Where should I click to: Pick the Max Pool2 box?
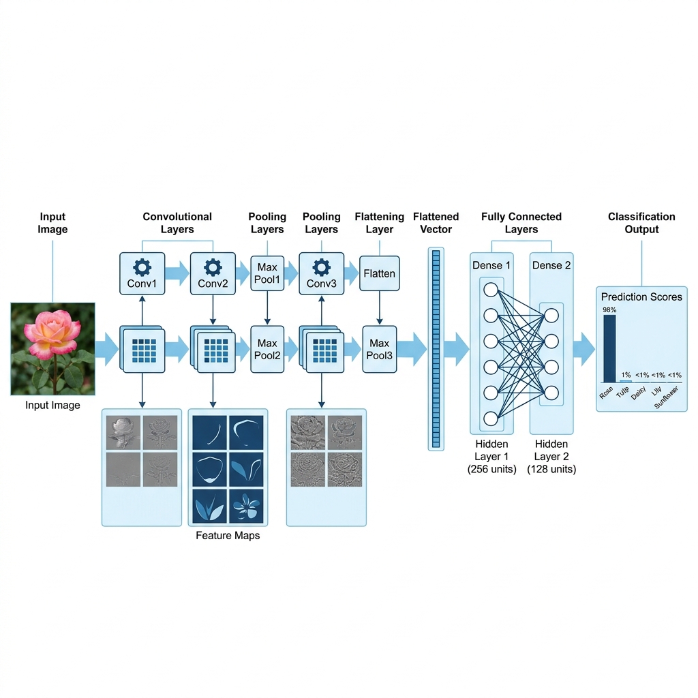tap(267, 349)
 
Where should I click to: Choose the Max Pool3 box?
tap(380, 349)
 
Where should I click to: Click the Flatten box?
tap(380, 274)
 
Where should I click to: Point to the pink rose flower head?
tap(52, 332)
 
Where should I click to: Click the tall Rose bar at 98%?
tap(609, 348)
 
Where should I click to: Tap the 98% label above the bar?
tap(609, 310)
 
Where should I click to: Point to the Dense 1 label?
tap(491, 265)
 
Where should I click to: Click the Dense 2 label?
tap(551, 265)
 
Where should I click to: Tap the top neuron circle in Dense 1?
tap(491, 290)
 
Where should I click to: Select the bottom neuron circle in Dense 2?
tap(551, 393)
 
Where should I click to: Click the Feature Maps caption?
tap(228, 536)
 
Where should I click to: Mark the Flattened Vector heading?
tap(436, 223)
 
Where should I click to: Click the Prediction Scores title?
tap(641, 297)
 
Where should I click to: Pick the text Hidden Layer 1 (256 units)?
tap(491, 457)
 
